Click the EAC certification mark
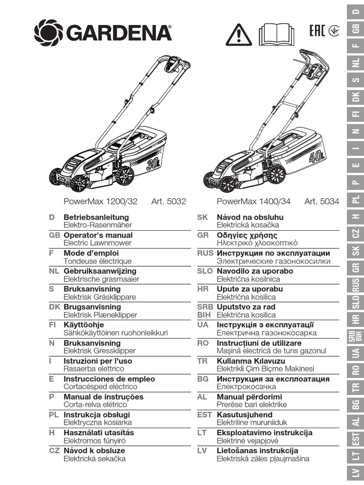(x=317, y=32)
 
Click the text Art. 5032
(x=168, y=201)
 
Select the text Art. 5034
(x=322, y=201)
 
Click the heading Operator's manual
(x=98, y=235)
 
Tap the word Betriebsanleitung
(x=96, y=217)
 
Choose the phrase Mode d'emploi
(x=91, y=253)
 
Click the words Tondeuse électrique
(x=98, y=261)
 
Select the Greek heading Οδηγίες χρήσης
(x=247, y=235)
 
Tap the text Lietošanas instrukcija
(x=257, y=450)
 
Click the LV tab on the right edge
(x=355, y=472)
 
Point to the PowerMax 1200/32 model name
(x=100, y=201)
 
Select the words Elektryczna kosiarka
(x=98, y=422)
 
